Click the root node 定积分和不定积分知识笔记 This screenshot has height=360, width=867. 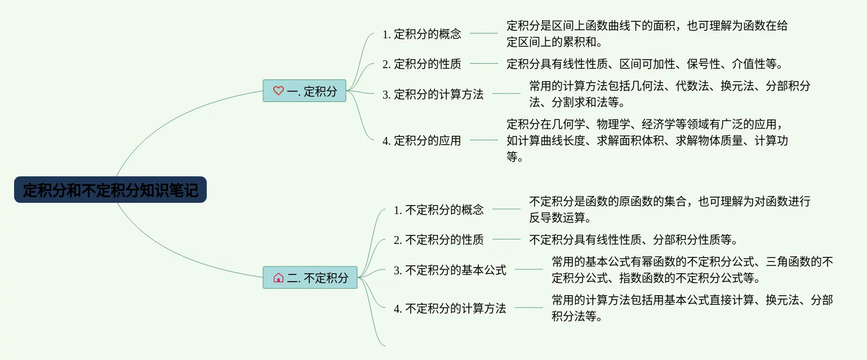pyautogui.click(x=110, y=190)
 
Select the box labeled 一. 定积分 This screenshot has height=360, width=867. pyautogui.click(x=304, y=91)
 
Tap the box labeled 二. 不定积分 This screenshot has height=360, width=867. pyautogui.click(x=310, y=277)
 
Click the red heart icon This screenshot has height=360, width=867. pyautogui.click(x=278, y=91)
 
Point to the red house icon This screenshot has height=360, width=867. pyautogui.click(x=278, y=277)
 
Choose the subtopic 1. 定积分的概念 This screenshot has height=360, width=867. pyautogui.click(x=421, y=34)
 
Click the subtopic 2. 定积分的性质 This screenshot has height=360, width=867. pyautogui.click(x=421, y=64)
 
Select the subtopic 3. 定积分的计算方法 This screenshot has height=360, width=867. pyautogui.click(x=433, y=95)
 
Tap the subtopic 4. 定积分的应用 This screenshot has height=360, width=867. pyautogui.click(x=421, y=140)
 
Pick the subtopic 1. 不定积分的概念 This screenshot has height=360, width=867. pyautogui.click(x=438, y=210)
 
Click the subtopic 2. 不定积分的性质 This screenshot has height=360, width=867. pyautogui.click(x=438, y=240)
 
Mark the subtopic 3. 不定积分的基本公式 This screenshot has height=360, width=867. pyautogui.click(x=450, y=270)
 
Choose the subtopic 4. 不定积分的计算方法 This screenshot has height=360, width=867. pyautogui.click(x=450, y=309)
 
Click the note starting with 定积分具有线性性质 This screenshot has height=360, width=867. pyautogui.click(x=645, y=64)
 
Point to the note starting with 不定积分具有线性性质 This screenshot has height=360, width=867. pyautogui.click(x=633, y=240)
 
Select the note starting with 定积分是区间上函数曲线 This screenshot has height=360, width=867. pyautogui.click(x=647, y=34)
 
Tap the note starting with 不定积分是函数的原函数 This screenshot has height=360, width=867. pyautogui.click(x=669, y=210)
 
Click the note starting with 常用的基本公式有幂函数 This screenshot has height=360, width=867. pyautogui.click(x=692, y=270)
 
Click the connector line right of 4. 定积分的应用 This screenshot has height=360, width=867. pyautogui.click(x=483, y=140)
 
